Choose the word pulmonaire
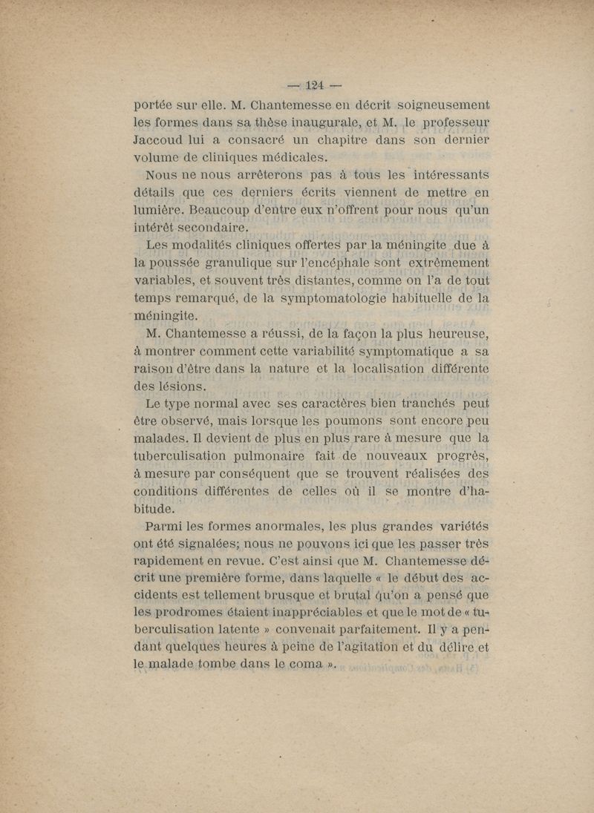(261, 456)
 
